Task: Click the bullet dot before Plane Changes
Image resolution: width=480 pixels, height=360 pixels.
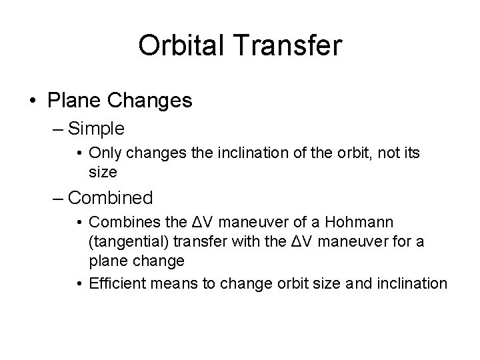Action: [x=32, y=101]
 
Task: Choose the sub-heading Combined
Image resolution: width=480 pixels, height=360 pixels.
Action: [x=111, y=198]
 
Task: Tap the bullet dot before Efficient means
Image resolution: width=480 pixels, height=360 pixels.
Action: [x=80, y=284]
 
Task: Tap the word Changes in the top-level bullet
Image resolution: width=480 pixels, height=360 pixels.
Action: [x=148, y=101]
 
